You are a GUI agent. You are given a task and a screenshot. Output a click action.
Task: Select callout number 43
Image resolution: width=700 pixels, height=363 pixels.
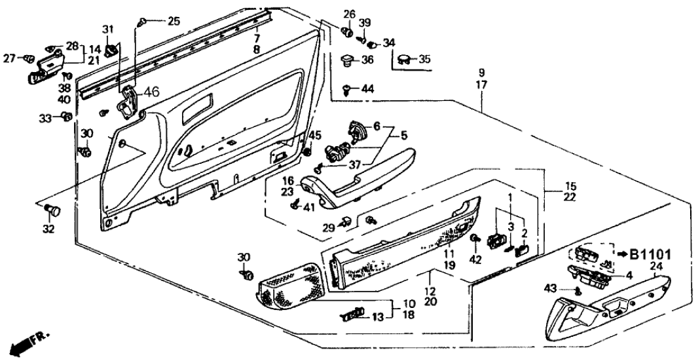(x=550, y=287)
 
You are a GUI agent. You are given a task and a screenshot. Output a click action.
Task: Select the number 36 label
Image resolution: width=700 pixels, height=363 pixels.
(x=367, y=60)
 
